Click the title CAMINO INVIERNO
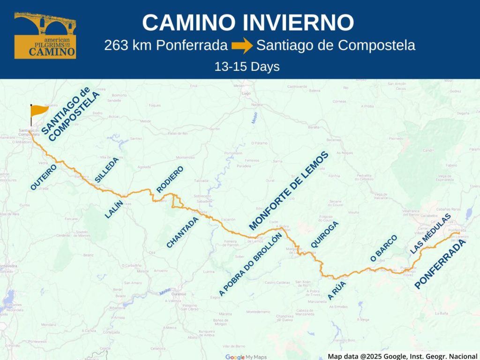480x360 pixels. click(248, 22)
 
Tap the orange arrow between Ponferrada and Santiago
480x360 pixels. click(242, 46)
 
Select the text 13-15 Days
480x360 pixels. click(247, 67)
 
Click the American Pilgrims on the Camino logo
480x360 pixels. click(45, 36)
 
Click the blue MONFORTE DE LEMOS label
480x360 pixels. click(289, 191)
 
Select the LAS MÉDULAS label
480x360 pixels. click(430, 234)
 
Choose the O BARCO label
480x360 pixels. click(383, 248)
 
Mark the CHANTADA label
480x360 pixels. click(183, 232)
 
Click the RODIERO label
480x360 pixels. click(170, 179)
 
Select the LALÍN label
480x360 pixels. click(114, 209)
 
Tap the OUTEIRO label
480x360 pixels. click(44, 177)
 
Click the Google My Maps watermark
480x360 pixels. click(246, 357)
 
